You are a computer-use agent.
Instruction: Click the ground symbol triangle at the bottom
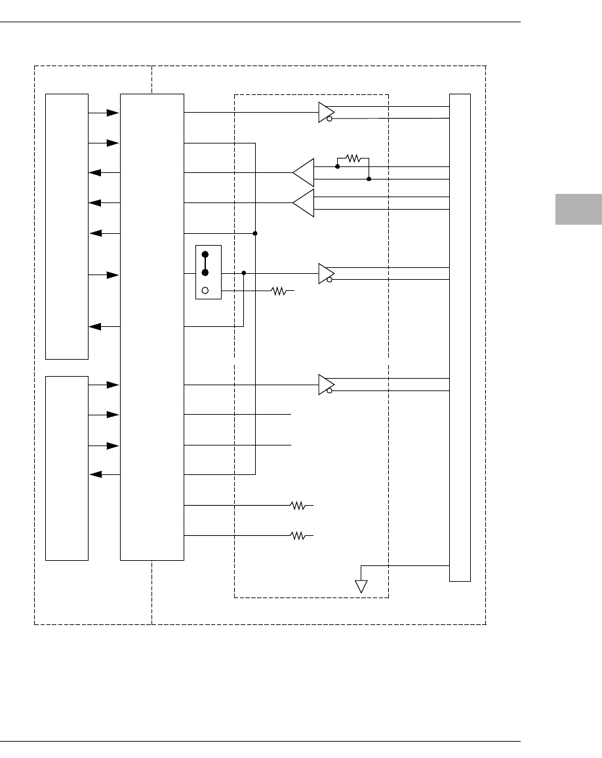[361, 586]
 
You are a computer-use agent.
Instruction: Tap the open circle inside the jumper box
[205, 290]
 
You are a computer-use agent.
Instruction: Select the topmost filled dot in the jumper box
[205, 255]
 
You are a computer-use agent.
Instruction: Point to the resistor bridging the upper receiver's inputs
[353, 158]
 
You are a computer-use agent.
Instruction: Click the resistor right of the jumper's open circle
[279, 290]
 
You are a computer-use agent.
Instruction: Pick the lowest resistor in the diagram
[298, 536]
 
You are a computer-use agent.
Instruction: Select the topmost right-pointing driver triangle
[326, 112]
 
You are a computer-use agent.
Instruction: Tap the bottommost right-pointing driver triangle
[326, 385]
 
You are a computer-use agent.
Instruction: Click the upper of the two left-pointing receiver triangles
[304, 173]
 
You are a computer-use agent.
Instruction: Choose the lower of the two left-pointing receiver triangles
[304, 203]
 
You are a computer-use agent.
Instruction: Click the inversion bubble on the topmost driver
[330, 119]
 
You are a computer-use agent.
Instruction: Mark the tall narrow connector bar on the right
[460, 337]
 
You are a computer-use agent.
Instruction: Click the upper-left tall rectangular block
[66, 226]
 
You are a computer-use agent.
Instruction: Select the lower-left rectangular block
[66, 468]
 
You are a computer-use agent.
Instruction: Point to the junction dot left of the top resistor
[337, 166]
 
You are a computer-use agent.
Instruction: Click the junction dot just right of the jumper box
[244, 273]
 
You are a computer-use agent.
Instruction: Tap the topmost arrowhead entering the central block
[113, 113]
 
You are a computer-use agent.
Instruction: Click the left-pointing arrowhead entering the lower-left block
[94, 474]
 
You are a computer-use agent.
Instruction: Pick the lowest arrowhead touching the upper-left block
[94, 326]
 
